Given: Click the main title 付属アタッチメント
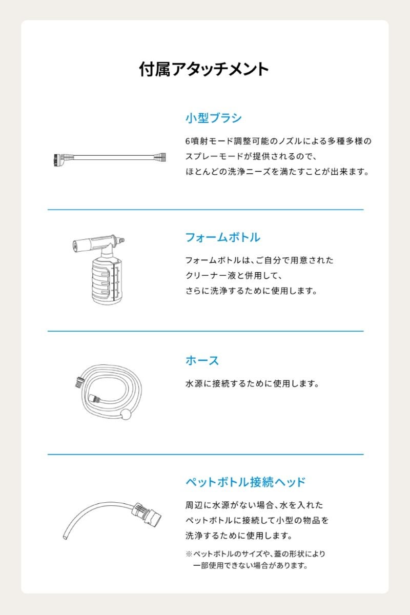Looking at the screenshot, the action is tap(204, 69).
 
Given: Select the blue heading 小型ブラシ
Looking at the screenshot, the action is tap(213, 118).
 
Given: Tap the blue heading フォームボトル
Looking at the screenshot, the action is tap(223, 237).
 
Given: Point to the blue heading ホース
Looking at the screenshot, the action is tap(202, 360).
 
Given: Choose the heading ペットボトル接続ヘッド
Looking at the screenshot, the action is tap(245, 482).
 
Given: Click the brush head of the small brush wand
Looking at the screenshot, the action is tap(58, 160).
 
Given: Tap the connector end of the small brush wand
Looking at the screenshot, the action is tap(160, 157).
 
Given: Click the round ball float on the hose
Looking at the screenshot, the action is tap(126, 414).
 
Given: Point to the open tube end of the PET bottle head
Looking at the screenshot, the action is tap(65, 537).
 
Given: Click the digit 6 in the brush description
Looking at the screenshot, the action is tap(188, 141).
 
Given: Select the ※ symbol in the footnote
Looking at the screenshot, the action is tap(189, 554).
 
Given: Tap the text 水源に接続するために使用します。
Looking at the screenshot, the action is tap(252, 383).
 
